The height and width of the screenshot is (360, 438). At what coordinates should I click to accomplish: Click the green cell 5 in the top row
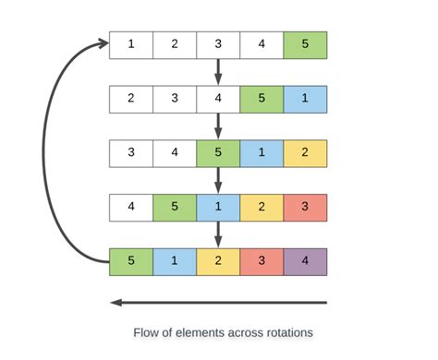(x=305, y=44)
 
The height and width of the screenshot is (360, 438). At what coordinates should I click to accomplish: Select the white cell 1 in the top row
(x=130, y=44)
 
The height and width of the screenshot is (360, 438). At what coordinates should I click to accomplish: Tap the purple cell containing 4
(x=305, y=261)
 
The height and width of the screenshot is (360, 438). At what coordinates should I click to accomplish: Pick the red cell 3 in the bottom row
(x=262, y=261)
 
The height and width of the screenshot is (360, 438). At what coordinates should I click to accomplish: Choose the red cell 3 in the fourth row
(x=305, y=207)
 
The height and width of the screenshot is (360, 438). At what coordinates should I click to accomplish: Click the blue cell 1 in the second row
(x=305, y=99)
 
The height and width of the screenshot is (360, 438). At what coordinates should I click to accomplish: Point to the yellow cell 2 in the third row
(x=305, y=153)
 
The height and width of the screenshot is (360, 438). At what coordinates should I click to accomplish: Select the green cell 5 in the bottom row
(x=130, y=261)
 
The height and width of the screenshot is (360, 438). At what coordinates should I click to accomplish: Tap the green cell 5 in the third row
(x=218, y=153)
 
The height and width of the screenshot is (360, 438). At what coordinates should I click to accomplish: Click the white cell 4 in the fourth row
(x=130, y=207)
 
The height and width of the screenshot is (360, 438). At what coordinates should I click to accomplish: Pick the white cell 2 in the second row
(x=130, y=99)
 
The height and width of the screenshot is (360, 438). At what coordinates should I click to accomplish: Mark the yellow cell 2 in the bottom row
(x=218, y=261)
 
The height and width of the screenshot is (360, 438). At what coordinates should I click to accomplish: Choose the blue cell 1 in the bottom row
(x=174, y=261)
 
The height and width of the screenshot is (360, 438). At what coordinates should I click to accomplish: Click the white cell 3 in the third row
(x=130, y=153)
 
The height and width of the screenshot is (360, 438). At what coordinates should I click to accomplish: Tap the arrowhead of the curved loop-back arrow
(x=101, y=42)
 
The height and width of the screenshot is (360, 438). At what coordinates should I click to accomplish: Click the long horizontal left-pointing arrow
(x=218, y=302)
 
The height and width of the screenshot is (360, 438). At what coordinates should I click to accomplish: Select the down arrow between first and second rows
(x=218, y=70)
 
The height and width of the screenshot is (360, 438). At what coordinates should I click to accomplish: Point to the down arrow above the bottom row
(x=218, y=233)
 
